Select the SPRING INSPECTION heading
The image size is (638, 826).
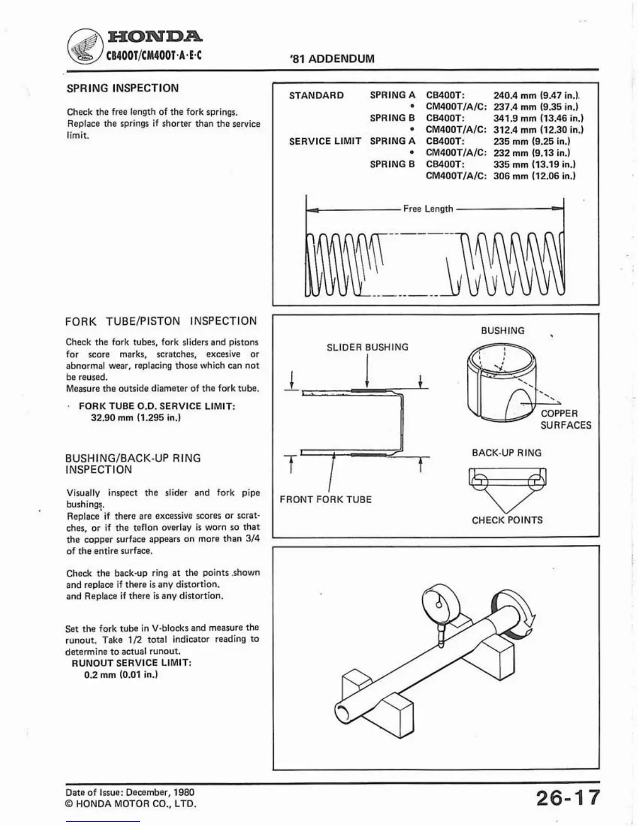click(x=122, y=88)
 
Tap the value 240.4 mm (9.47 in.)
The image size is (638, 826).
click(x=537, y=95)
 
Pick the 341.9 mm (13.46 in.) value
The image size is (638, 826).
click(x=538, y=118)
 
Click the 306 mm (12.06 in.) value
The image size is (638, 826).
click(x=534, y=176)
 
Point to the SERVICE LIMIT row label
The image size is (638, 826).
click(x=325, y=141)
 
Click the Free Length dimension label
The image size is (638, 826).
click(x=428, y=209)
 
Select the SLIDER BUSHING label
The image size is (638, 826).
click(x=367, y=347)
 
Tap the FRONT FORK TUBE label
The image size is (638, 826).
click(x=325, y=500)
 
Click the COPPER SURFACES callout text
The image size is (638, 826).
click(x=566, y=419)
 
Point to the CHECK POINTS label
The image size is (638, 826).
click(x=507, y=520)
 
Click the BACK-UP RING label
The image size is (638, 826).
click(x=506, y=453)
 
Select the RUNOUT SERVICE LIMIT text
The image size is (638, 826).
click(x=131, y=663)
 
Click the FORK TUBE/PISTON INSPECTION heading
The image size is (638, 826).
click(x=161, y=321)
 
